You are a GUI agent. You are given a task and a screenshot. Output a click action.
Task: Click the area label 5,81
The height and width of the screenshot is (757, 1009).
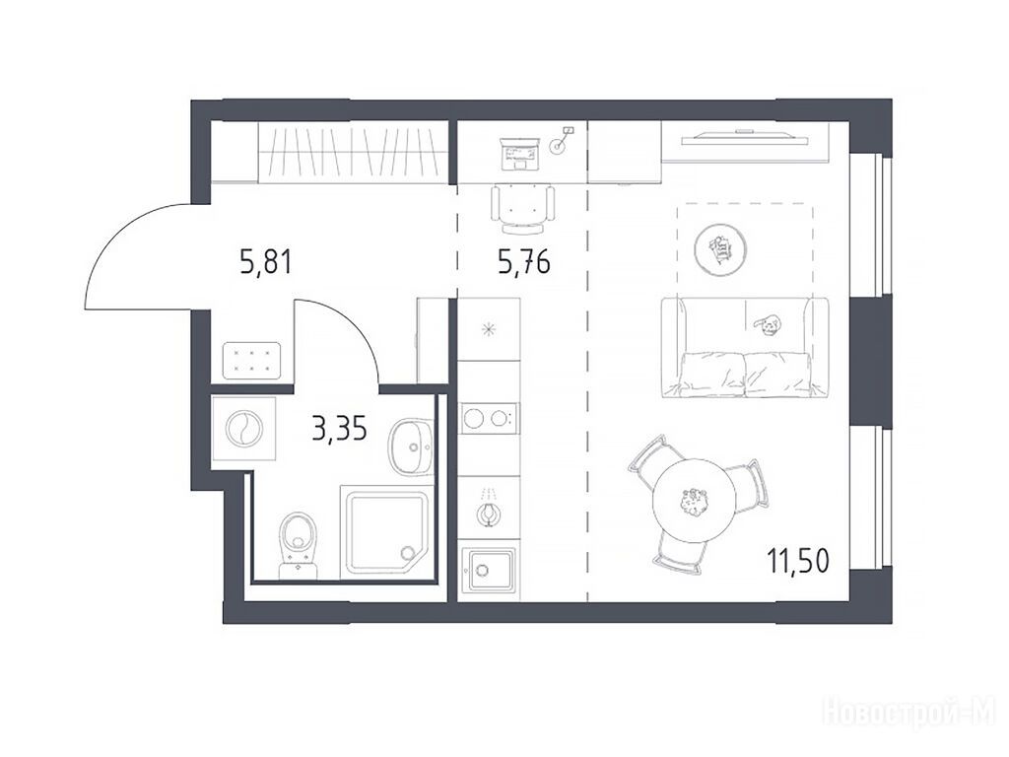pyautogui.click(x=266, y=262)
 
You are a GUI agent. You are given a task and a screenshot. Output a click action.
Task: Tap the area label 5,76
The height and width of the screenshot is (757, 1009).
pyautogui.click(x=524, y=262)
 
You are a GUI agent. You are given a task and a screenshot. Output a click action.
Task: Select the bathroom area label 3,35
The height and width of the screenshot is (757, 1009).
pyautogui.click(x=339, y=428)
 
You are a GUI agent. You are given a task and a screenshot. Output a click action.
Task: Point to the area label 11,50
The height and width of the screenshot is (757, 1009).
pyautogui.click(x=798, y=561)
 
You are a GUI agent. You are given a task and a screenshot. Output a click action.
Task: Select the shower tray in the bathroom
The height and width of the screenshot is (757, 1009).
pyautogui.click(x=385, y=533)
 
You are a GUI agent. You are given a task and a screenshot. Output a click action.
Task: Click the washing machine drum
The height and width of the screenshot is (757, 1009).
pyautogui.click(x=244, y=429)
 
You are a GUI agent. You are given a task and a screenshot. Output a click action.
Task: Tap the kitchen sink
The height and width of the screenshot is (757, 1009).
pyautogui.click(x=489, y=570)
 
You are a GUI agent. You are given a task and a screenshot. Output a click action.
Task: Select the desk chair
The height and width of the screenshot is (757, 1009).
pyautogui.click(x=522, y=209)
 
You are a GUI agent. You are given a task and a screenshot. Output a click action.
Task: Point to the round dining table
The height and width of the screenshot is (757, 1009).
pyautogui.click(x=695, y=500)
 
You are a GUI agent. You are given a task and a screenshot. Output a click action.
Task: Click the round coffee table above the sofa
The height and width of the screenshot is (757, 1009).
pyautogui.click(x=720, y=249)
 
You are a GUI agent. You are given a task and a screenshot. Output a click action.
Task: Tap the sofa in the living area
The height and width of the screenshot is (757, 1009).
pyautogui.click(x=745, y=347)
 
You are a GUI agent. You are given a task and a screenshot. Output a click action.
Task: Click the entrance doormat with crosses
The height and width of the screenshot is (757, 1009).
pyautogui.click(x=251, y=361)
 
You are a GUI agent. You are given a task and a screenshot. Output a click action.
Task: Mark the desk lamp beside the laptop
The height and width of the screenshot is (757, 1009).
pyautogui.click(x=561, y=141)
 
